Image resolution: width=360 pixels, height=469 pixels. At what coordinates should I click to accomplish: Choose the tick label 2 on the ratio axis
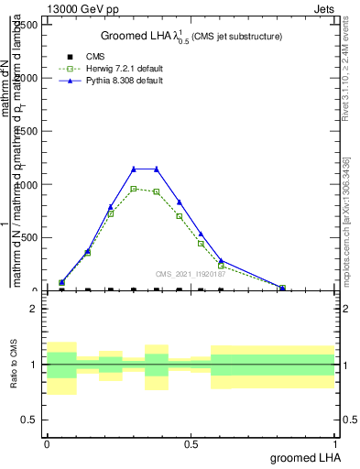(x=34, y=310)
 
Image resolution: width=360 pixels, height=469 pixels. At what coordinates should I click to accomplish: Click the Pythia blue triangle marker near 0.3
(x=134, y=169)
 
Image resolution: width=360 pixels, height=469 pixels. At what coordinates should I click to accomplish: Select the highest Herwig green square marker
(x=134, y=189)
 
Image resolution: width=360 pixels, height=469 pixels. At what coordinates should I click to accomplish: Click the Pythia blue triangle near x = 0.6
(x=221, y=260)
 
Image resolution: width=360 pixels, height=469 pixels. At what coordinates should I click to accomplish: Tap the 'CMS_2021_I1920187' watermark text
(x=190, y=274)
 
